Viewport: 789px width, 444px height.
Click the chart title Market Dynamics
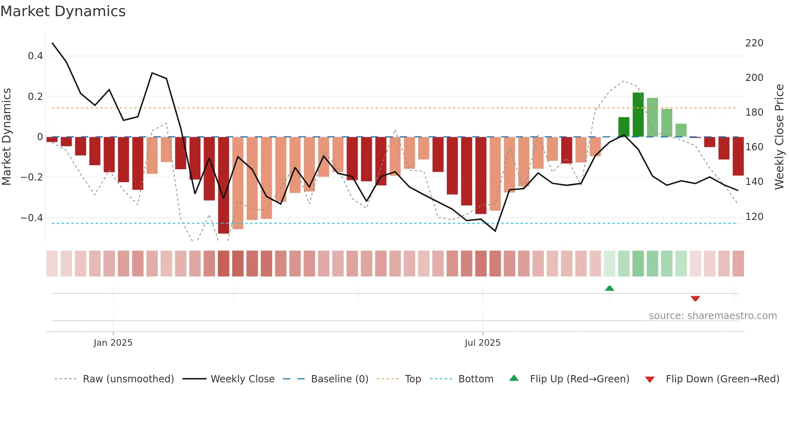[x=63, y=11]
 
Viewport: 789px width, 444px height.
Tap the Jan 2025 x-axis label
[x=113, y=342]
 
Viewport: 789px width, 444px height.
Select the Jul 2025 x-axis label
[x=483, y=342]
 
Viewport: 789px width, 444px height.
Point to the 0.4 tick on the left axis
[x=35, y=56]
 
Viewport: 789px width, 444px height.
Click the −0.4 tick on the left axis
[x=32, y=218]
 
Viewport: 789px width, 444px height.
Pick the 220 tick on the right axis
[x=754, y=43]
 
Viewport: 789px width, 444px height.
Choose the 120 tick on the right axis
[x=754, y=217]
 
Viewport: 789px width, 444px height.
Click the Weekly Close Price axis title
[x=779, y=137]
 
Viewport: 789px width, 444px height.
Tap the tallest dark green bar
[x=638, y=115]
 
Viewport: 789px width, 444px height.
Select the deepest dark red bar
[x=223, y=185]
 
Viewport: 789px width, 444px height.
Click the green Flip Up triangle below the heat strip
[x=609, y=288]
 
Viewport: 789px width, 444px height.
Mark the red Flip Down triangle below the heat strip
[x=695, y=299]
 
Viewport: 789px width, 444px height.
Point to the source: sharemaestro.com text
[x=713, y=316]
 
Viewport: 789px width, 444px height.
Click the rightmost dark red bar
[x=738, y=156]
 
